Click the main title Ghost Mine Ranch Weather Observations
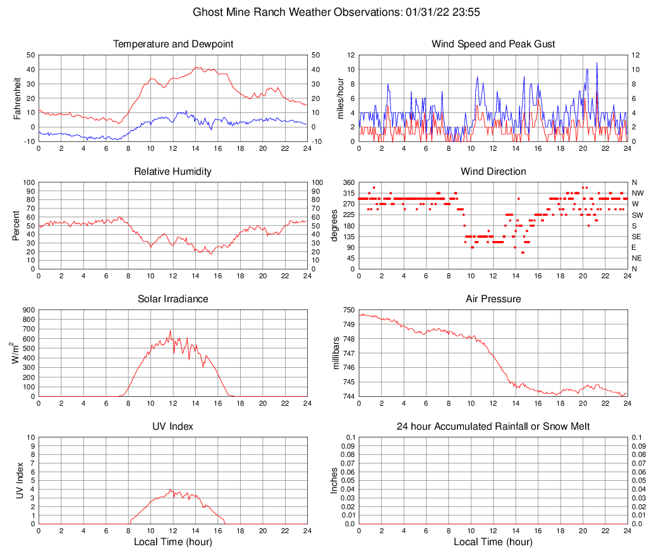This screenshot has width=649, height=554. [324, 12]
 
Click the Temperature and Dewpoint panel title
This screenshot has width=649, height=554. [173, 44]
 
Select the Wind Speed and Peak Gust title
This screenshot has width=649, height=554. [493, 44]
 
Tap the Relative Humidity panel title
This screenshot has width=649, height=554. [173, 172]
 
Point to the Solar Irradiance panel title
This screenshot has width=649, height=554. [173, 299]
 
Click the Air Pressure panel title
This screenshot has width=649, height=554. [493, 299]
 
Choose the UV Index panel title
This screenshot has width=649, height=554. [173, 427]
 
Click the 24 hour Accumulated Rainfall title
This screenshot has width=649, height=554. [493, 427]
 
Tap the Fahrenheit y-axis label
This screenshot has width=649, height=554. [17, 98]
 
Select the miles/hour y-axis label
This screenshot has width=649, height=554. [341, 98]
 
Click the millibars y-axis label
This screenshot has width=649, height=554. [336, 353]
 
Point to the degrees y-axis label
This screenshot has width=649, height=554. [335, 225]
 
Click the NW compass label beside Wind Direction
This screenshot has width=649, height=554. [638, 193]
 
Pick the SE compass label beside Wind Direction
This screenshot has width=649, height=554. [637, 237]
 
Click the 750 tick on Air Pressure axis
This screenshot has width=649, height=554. [348, 310]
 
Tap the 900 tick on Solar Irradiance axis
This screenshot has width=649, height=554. [28, 310]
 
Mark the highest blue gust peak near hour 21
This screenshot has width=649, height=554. [597, 63]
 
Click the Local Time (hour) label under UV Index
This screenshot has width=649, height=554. [173, 542]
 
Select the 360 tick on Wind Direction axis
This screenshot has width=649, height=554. [348, 182]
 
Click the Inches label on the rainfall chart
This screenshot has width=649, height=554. [335, 481]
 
